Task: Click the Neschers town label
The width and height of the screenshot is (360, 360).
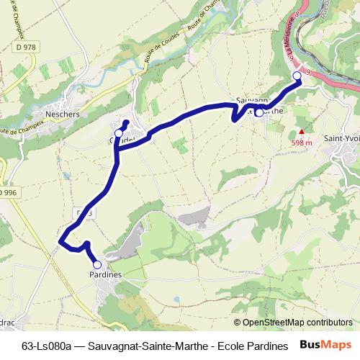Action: point(62,114)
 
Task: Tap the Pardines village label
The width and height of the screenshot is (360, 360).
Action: point(105,275)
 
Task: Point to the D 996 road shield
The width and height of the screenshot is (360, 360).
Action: point(8,193)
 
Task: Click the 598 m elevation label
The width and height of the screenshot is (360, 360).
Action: point(301,143)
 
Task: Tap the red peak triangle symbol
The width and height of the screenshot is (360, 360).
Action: point(302,132)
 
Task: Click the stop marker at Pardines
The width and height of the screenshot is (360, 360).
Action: point(98,265)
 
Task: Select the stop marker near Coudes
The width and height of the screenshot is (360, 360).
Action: point(119,133)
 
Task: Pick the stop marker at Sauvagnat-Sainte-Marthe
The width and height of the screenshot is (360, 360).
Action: point(259,112)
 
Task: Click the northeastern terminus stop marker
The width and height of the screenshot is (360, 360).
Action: point(297,76)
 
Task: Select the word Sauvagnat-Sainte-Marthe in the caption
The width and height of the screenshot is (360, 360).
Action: point(153,346)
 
